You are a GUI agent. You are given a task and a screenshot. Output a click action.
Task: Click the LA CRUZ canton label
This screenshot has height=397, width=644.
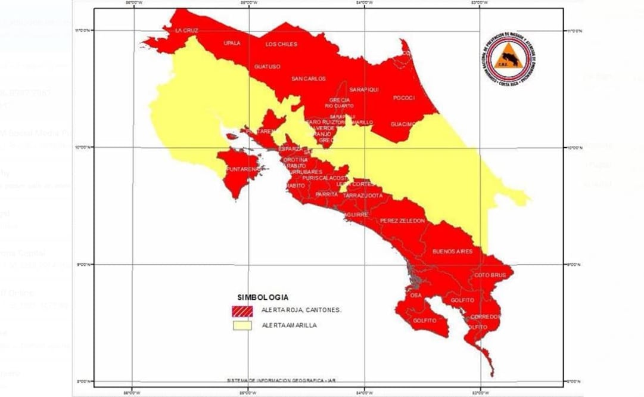(186, 30)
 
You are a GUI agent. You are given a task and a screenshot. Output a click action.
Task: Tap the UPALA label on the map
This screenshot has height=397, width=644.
(232, 44)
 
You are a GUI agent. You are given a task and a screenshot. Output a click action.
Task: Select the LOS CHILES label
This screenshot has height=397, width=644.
(281, 44)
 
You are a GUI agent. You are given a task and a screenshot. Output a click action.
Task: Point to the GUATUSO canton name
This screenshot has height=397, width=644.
(267, 67)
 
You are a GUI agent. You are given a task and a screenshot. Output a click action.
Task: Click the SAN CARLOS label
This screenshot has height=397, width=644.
(309, 79)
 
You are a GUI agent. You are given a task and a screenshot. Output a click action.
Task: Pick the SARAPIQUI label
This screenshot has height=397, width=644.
(364, 89)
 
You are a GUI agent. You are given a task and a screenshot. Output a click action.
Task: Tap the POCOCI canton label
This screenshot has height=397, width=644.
(404, 98)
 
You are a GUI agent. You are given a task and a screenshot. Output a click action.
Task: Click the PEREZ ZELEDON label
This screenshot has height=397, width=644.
(403, 221)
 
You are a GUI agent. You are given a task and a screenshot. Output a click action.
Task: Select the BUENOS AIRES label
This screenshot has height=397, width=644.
(452, 252)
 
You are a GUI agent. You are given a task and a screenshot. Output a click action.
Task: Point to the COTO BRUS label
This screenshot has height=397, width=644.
(490, 275)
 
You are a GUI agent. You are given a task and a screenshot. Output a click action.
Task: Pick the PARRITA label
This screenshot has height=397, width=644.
(328, 194)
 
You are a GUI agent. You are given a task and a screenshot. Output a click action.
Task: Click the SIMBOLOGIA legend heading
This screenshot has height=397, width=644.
(263, 297)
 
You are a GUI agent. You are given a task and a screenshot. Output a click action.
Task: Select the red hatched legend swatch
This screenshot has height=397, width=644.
(243, 311)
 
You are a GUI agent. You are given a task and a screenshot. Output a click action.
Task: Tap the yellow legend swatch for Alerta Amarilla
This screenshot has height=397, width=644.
(243, 325)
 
